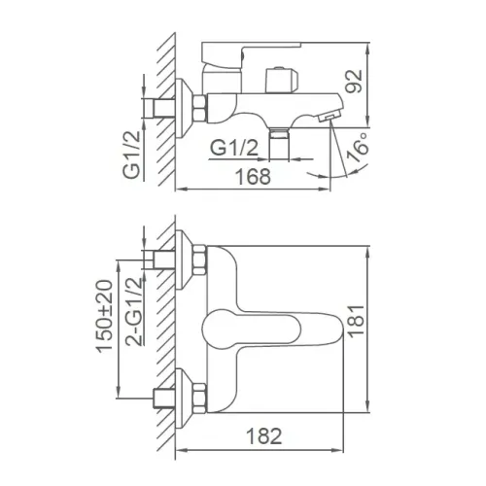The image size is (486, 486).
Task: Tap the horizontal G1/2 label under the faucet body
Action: click(235, 148)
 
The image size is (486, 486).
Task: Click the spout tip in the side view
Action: click(329, 114)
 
